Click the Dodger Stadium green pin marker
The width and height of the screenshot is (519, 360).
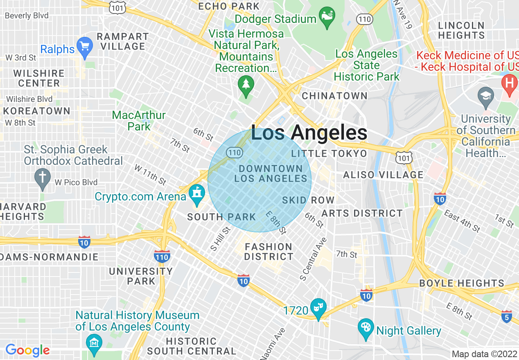point(327,18)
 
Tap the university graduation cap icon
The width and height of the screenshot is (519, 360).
point(485,97)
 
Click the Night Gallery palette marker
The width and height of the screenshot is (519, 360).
point(366,328)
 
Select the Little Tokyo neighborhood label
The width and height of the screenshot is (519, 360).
point(329,154)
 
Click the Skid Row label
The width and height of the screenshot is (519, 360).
point(308,200)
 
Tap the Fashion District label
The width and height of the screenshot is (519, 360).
point(269,252)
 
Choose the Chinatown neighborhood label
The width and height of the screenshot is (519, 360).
point(334,96)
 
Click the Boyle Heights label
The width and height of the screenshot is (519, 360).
point(462,283)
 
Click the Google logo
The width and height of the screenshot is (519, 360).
point(27,350)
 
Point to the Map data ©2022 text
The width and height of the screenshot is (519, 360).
point(484,353)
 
